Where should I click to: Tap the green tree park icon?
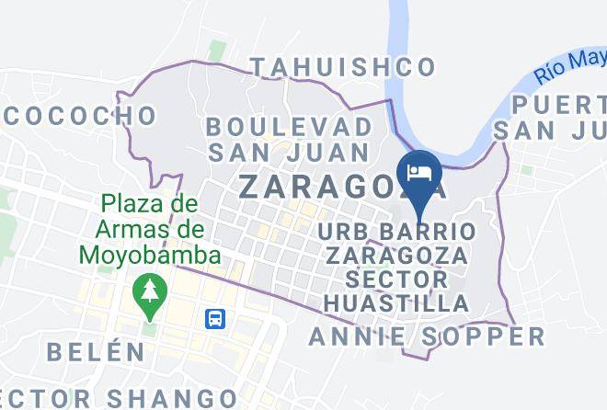click(147, 293)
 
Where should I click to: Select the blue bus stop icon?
click(216, 319)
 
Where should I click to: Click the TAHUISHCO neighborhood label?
click(343, 67)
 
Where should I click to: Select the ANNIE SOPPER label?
click(427, 336)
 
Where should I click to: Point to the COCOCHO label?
click(81, 116)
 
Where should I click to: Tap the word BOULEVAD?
click(290, 125)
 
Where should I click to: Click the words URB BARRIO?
click(397, 229)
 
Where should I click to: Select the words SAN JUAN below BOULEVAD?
click(288, 152)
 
